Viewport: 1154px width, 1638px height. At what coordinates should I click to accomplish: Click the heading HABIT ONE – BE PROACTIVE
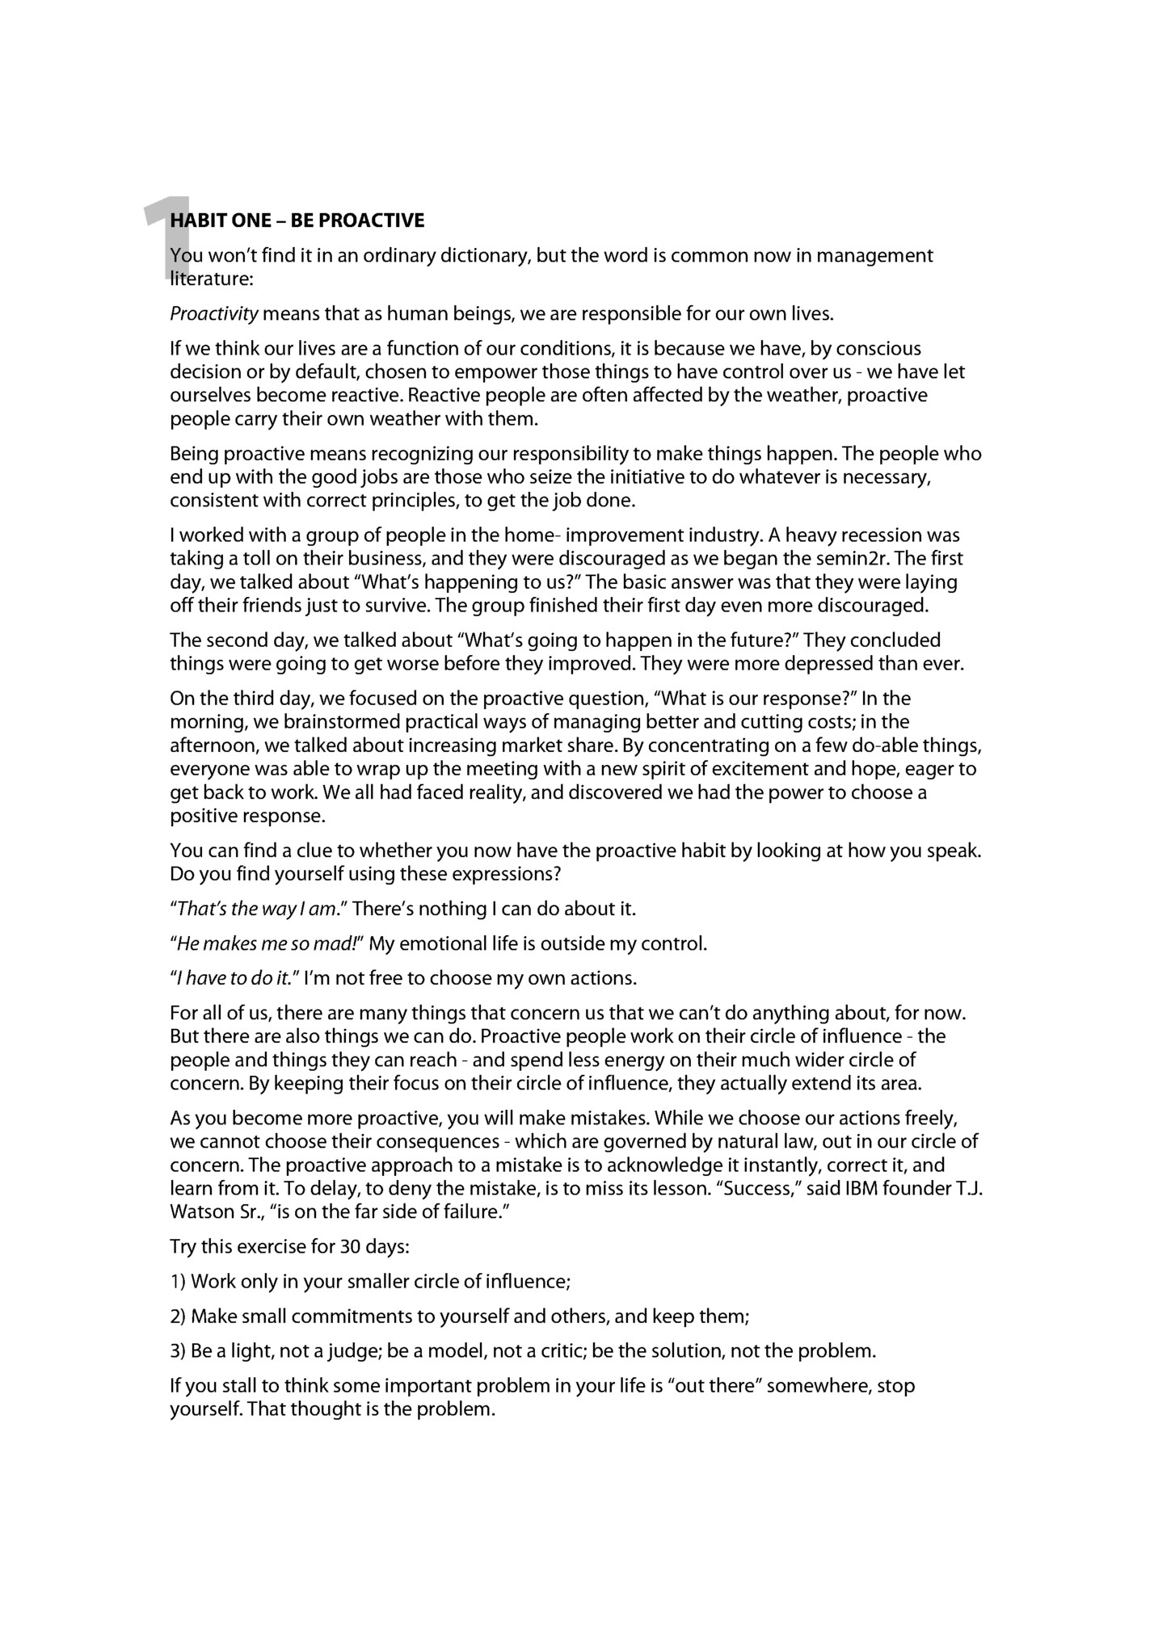tap(297, 220)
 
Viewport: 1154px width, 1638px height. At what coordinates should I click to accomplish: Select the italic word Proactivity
tap(214, 313)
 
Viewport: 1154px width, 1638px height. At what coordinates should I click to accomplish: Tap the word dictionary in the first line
tap(484, 256)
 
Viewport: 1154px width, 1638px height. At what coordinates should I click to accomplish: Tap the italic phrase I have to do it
tap(234, 979)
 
